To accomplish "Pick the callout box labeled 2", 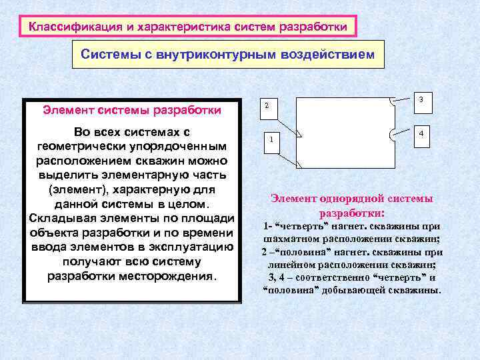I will click(x=267, y=106).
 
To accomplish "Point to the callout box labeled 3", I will click(x=422, y=99).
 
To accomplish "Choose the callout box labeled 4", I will click(x=421, y=134).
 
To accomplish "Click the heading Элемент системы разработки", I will click(x=132, y=109).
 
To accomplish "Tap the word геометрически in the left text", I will click(x=83, y=146).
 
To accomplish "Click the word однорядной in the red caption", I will click(x=343, y=199).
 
